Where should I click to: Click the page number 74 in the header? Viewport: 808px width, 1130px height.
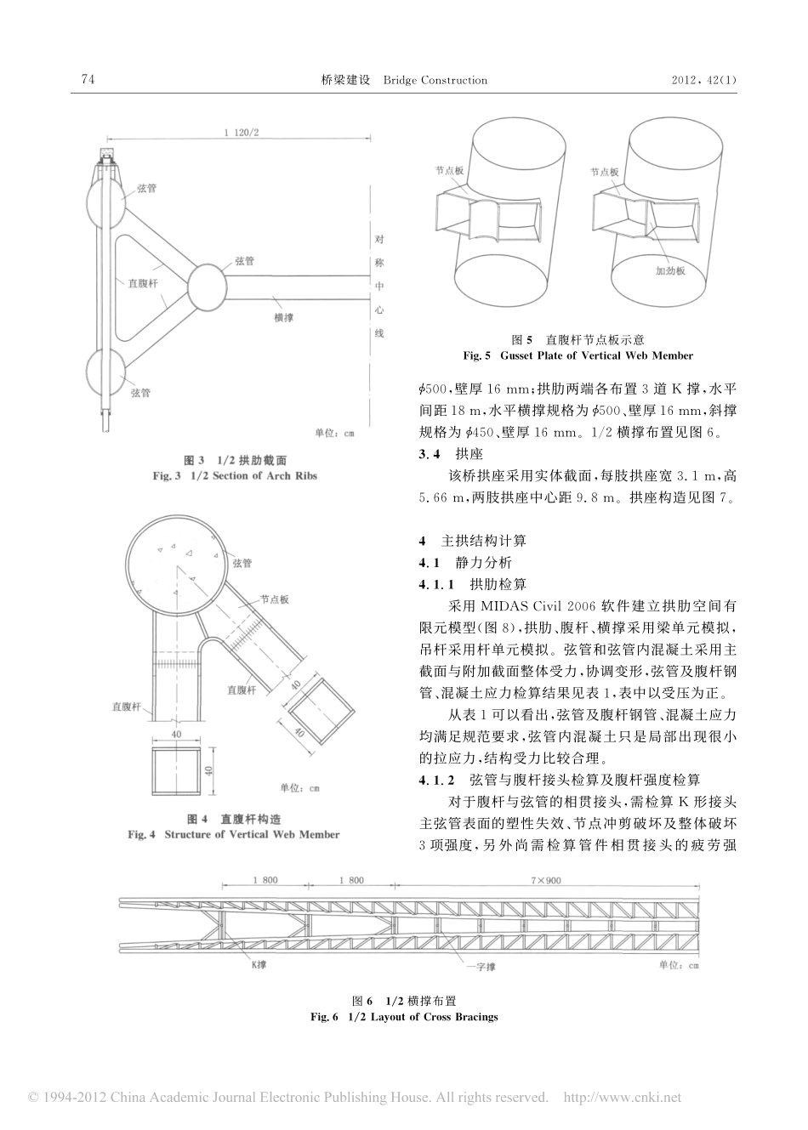(87, 80)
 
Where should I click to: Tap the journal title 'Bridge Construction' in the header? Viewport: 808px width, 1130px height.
(435, 80)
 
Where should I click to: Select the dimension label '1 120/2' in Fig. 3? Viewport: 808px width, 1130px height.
(240, 133)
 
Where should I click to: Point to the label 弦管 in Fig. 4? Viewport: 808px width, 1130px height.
(242, 563)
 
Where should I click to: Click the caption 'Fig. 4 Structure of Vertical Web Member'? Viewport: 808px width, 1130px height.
(234, 834)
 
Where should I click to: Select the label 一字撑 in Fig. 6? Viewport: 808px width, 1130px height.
(482, 967)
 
